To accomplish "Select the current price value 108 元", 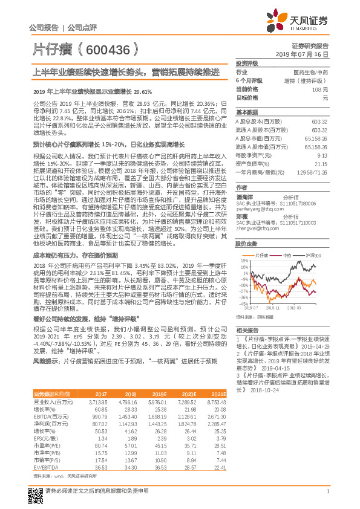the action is [x=321, y=89].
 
